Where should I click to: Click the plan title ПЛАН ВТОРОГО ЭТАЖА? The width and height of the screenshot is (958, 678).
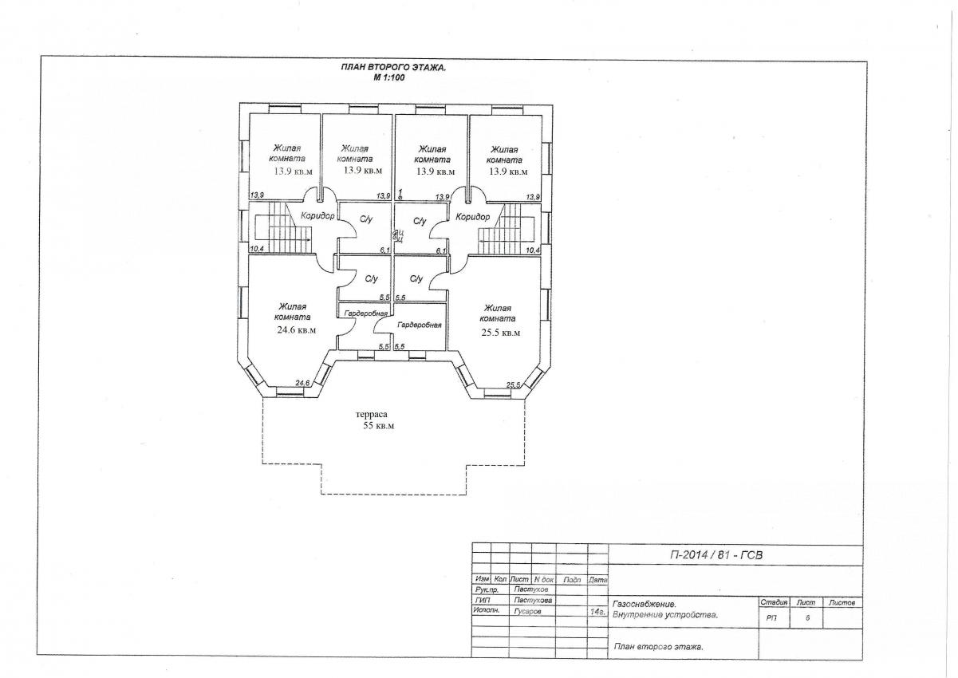coord(393,68)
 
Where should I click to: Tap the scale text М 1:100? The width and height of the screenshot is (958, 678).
coord(388,78)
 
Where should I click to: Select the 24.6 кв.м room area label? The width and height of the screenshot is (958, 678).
coord(297,329)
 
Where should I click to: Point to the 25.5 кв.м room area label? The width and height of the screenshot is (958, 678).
coord(501,333)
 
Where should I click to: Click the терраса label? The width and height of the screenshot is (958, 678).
coord(372,414)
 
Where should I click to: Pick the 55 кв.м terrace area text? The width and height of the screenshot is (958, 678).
coord(379,426)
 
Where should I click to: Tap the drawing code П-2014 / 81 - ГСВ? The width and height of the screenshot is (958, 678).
coord(716,555)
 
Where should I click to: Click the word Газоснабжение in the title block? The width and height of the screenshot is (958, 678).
coord(644,605)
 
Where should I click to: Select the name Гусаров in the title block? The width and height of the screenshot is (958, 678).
coord(527,612)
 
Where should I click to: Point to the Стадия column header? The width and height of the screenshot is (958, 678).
coord(774,602)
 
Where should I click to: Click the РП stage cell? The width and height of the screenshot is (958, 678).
coord(771,618)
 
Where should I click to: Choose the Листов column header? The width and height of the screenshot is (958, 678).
coord(842,603)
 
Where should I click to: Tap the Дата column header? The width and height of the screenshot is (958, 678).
coord(598,580)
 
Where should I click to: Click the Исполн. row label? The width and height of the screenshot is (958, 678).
coord(487,610)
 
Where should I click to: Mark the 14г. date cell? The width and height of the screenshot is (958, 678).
coord(597,612)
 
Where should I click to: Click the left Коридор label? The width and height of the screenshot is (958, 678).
coord(317,216)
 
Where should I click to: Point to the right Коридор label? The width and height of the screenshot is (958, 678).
coord(472,217)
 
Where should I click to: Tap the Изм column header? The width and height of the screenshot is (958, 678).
coord(482,579)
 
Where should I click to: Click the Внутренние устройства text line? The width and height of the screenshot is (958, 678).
coord(665,615)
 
